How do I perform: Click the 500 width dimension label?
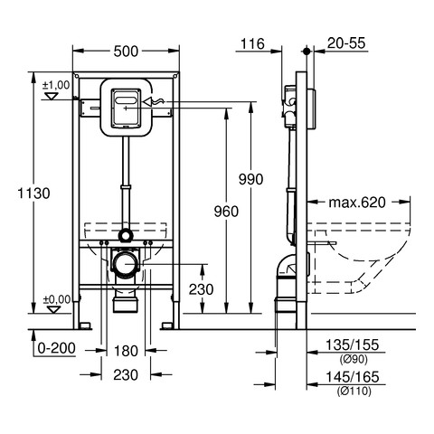[126, 52]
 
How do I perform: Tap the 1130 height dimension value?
[33, 193]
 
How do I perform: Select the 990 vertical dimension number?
[250, 179]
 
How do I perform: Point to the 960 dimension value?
[226, 212]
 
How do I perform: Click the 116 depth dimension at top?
[252, 43]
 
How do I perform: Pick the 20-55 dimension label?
[346, 43]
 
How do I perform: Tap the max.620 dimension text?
[357, 203]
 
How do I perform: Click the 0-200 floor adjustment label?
[56, 348]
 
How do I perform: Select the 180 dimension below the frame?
[126, 351]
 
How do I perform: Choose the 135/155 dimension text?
[352, 344]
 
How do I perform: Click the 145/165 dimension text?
[352, 377]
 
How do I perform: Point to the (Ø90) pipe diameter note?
[354, 359]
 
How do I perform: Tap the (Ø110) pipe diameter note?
[354, 392]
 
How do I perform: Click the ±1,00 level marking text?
[56, 85]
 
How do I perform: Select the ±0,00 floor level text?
[57, 299]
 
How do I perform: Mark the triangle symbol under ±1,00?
[51, 96]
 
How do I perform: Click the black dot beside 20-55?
[307, 52]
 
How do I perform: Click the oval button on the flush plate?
[126, 100]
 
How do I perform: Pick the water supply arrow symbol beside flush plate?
[154, 102]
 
